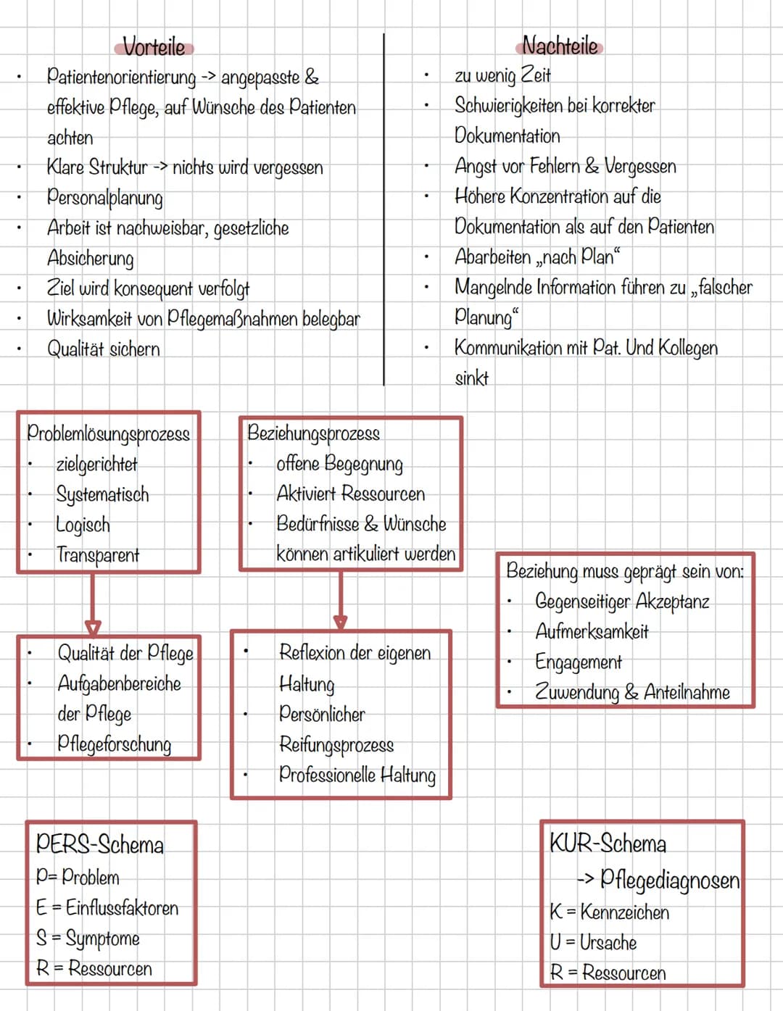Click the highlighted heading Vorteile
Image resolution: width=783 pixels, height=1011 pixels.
point(154,47)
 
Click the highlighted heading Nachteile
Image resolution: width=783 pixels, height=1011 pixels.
point(560,46)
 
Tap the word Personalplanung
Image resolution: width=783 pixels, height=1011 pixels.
point(105,199)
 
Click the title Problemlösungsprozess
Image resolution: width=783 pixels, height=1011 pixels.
point(109,433)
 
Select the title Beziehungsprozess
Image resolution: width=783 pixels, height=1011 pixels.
point(314,433)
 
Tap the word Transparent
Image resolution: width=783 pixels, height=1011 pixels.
point(98,555)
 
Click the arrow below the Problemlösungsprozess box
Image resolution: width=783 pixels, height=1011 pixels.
point(93,604)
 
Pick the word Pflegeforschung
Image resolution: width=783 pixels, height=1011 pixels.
point(115,744)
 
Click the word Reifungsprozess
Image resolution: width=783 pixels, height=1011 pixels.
point(336,745)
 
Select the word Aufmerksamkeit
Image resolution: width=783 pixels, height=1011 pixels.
point(592,631)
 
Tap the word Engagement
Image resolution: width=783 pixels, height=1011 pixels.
point(579,662)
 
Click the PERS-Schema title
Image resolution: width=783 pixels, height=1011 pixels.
point(99,844)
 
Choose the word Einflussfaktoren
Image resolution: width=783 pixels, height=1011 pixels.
point(122,907)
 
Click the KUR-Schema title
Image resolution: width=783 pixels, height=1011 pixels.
point(608,843)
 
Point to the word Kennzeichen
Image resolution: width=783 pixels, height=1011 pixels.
point(624,912)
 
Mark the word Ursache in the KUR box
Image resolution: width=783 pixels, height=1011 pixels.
point(608,942)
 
